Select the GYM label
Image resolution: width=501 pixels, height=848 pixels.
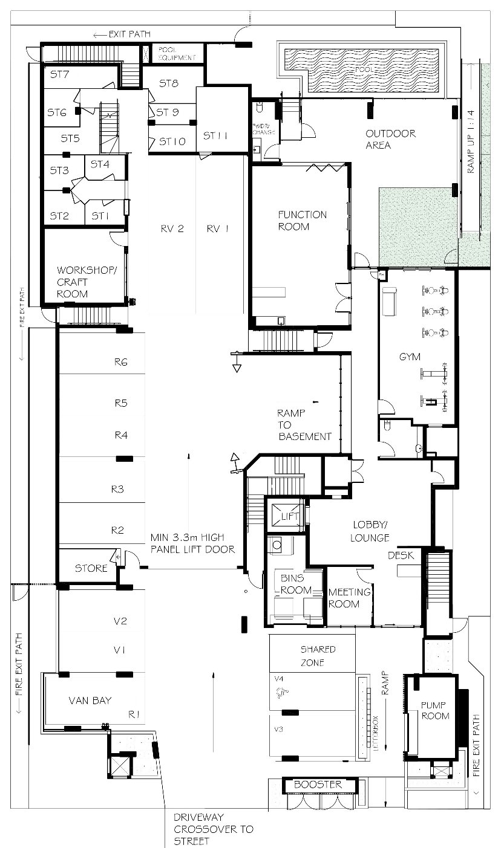click(x=410, y=357)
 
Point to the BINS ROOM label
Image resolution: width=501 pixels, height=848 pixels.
click(x=296, y=584)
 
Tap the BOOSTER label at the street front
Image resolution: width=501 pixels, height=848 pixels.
click(x=318, y=785)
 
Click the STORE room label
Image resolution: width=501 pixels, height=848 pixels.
click(x=91, y=568)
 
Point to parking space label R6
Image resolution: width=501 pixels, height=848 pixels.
click(x=120, y=362)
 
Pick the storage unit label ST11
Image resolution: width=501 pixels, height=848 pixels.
click(x=215, y=136)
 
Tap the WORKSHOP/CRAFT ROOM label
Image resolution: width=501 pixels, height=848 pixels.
click(x=80, y=282)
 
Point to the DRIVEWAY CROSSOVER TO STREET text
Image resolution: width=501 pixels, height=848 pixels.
click(x=213, y=829)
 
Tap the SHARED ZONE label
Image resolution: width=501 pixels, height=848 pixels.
click(x=318, y=655)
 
